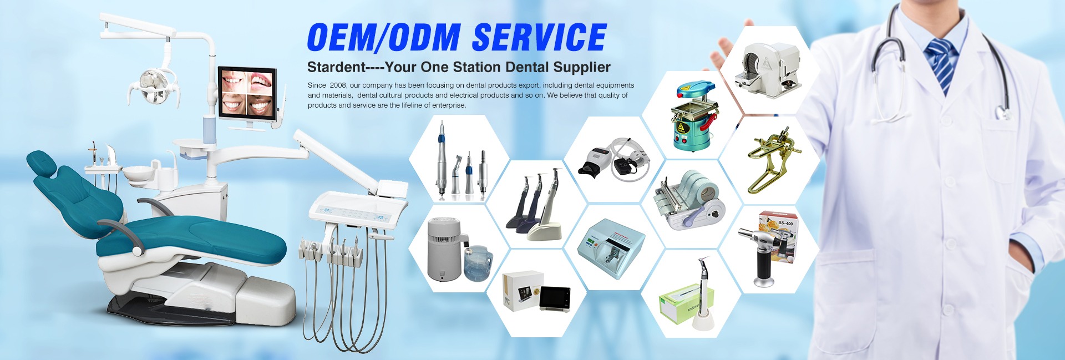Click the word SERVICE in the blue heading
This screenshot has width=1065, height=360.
(x=539, y=37)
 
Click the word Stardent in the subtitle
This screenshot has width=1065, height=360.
(x=336, y=67)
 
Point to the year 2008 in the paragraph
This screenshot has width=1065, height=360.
(x=338, y=85)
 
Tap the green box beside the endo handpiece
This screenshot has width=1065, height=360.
(x=679, y=302)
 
